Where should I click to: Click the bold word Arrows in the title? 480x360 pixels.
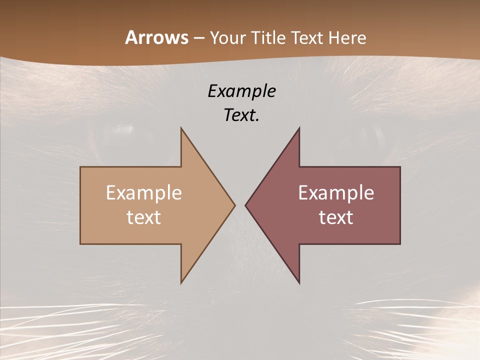[x=156, y=37]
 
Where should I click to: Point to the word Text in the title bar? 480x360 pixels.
[x=307, y=37]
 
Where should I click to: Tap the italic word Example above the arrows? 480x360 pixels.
[x=241, y=91]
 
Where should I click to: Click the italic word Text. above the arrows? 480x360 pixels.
[x=241, y=115]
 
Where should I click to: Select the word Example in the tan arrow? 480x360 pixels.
[x=144, y=193]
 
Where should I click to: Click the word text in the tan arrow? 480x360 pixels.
[x=144, y=217]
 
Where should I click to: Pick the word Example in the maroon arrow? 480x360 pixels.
[x=336, y=193]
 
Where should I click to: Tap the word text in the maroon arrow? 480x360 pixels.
[x=336, y=217]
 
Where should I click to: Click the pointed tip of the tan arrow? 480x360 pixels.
[x=235, y=205]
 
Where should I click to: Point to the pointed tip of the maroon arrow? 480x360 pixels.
[x=245, y=205]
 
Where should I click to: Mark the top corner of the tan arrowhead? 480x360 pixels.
[x=181, y=127]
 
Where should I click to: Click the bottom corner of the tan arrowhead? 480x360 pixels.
[x=181, y=283]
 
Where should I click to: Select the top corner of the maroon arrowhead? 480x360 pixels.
[x=299, y=127]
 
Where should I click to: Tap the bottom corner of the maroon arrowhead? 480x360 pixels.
[x=299, y=283]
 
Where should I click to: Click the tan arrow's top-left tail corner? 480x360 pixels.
[x=80, y=167]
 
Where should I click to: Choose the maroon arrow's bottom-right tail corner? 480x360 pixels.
[x=400, y=244]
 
